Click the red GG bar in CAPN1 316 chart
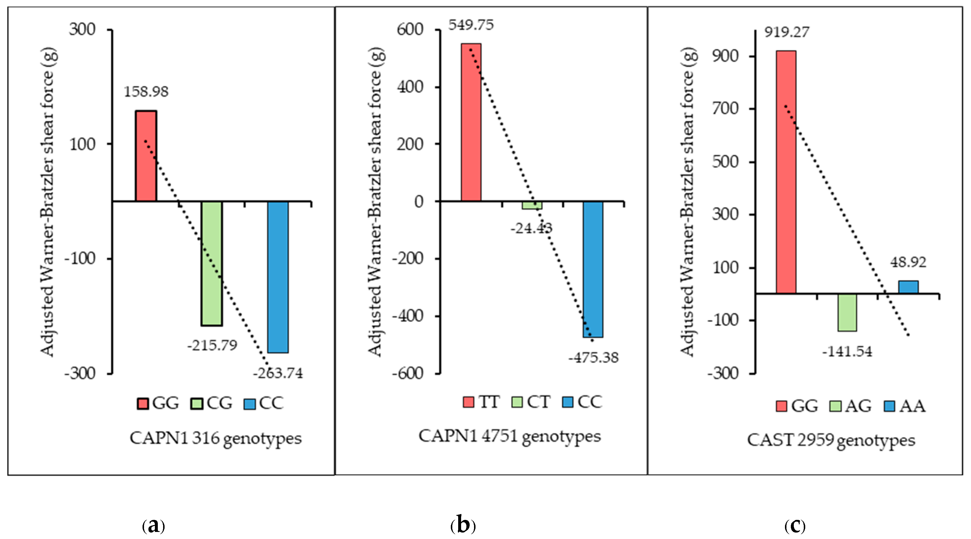tap(146, 156)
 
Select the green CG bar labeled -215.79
tap(212, 263)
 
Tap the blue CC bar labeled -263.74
tap(278, 277)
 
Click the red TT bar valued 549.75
tap(471, 122)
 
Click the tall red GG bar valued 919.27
tap(786, 172)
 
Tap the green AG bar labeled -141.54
tap(847, 312)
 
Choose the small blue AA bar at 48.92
tap(908, 287)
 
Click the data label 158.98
tap(146, 92)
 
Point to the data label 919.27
tap(787, 32)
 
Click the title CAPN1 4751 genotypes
tap(510, 436)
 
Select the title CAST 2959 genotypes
tap(831, 440)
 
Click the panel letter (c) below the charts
tap(795, 525)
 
